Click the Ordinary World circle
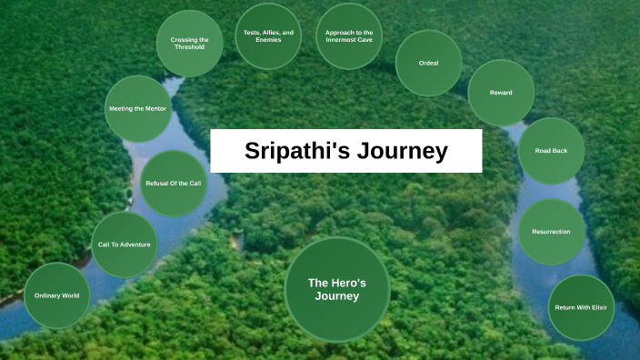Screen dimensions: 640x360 [x=57, y=295]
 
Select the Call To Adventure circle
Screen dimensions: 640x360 [x=125, y=245]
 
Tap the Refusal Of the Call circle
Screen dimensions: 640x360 [x=173, y=184]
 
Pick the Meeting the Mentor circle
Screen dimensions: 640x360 [x=136, y=109]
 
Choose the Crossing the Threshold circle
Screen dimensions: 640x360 [x=189, y=43]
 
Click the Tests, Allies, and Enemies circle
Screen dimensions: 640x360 [x=268, y=36]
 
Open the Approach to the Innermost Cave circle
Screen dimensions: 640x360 [x=349, y=36]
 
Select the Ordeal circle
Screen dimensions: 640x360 [x=428, y=64]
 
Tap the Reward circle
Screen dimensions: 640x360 [x=501, y=93]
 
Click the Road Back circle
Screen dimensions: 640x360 [x=551, y=151]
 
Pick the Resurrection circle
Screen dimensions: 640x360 [x=551, y=232]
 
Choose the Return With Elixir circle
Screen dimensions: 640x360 [x=581, y=307]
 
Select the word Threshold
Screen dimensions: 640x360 [x=189, y=47]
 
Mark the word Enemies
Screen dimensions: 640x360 [x=268, y=41]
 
